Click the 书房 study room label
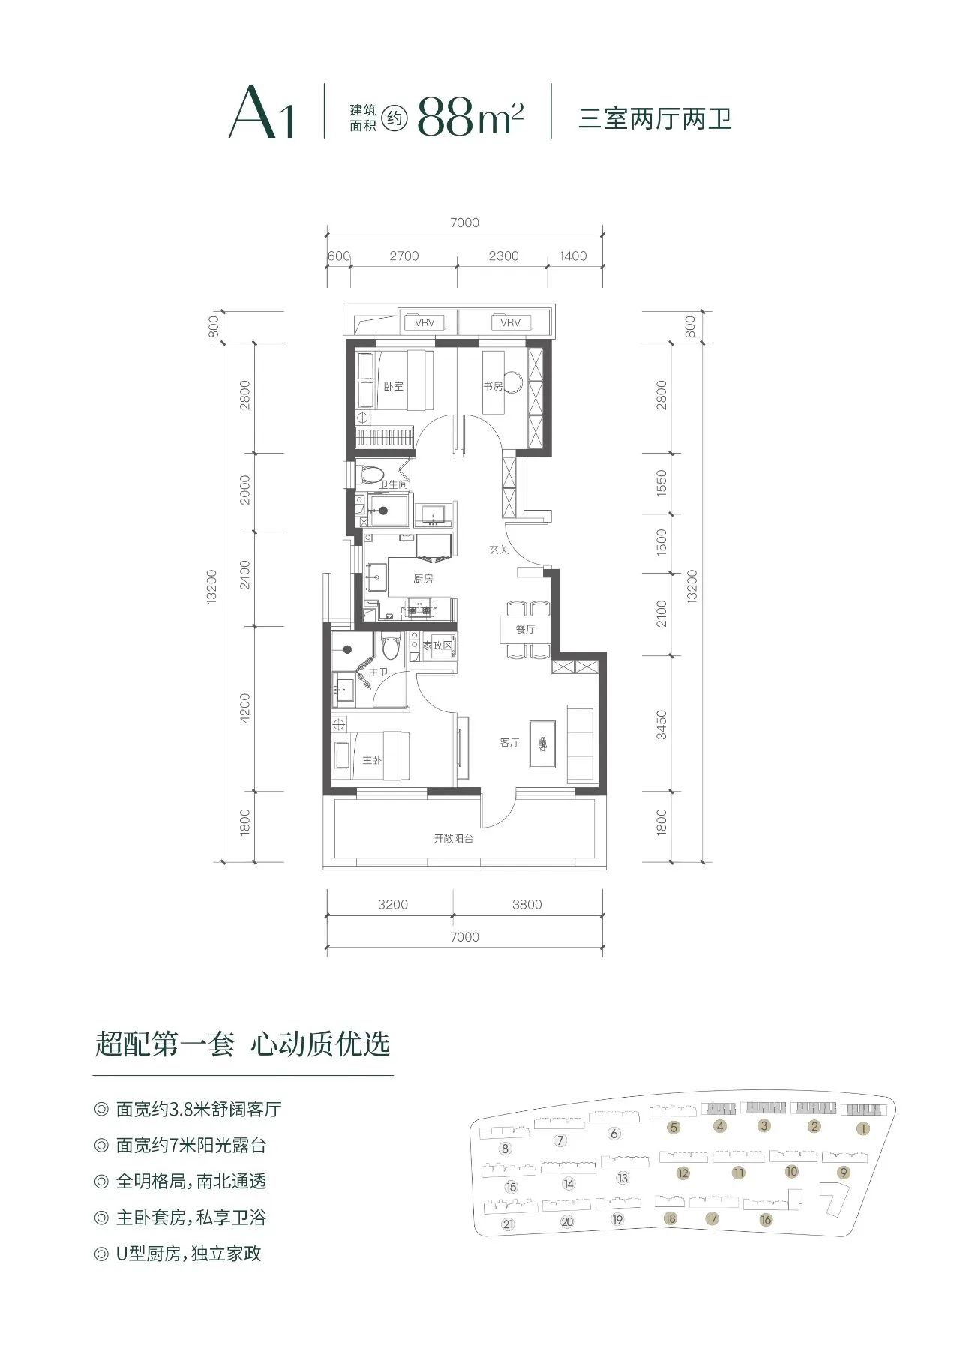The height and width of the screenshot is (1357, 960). click(492, 386)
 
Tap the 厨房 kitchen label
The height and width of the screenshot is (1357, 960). click(423, 579)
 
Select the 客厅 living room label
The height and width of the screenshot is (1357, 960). click(509, 742)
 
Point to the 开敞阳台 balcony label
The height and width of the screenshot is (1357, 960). click(454, 838)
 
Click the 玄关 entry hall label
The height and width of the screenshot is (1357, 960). click(499, 550)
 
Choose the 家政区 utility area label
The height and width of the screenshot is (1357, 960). click(437, 646)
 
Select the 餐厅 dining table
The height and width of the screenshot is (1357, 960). click(526, 629)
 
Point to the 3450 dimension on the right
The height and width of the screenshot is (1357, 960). click(661, 724)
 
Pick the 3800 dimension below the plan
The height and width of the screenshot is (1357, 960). click(526, 904)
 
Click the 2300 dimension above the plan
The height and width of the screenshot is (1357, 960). click(503, 256)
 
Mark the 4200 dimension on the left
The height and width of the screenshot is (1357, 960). click(245, 708)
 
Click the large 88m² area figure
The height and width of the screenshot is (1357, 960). click(470, 115)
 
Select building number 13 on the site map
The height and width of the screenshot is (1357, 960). click(622, 1178)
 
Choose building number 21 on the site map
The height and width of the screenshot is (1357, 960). click(508, 1225)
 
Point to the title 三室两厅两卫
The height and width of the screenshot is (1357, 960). click(655, 118)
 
